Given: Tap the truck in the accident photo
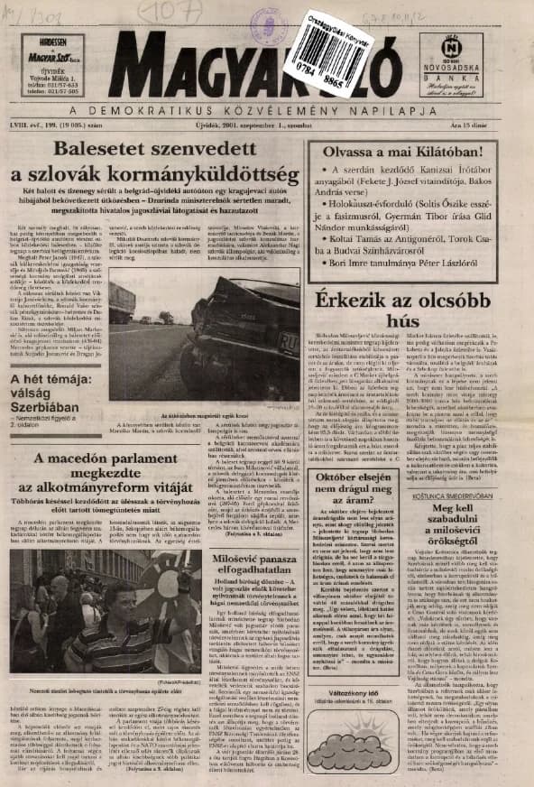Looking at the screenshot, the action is pyautogui.click(x=121, y=302).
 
